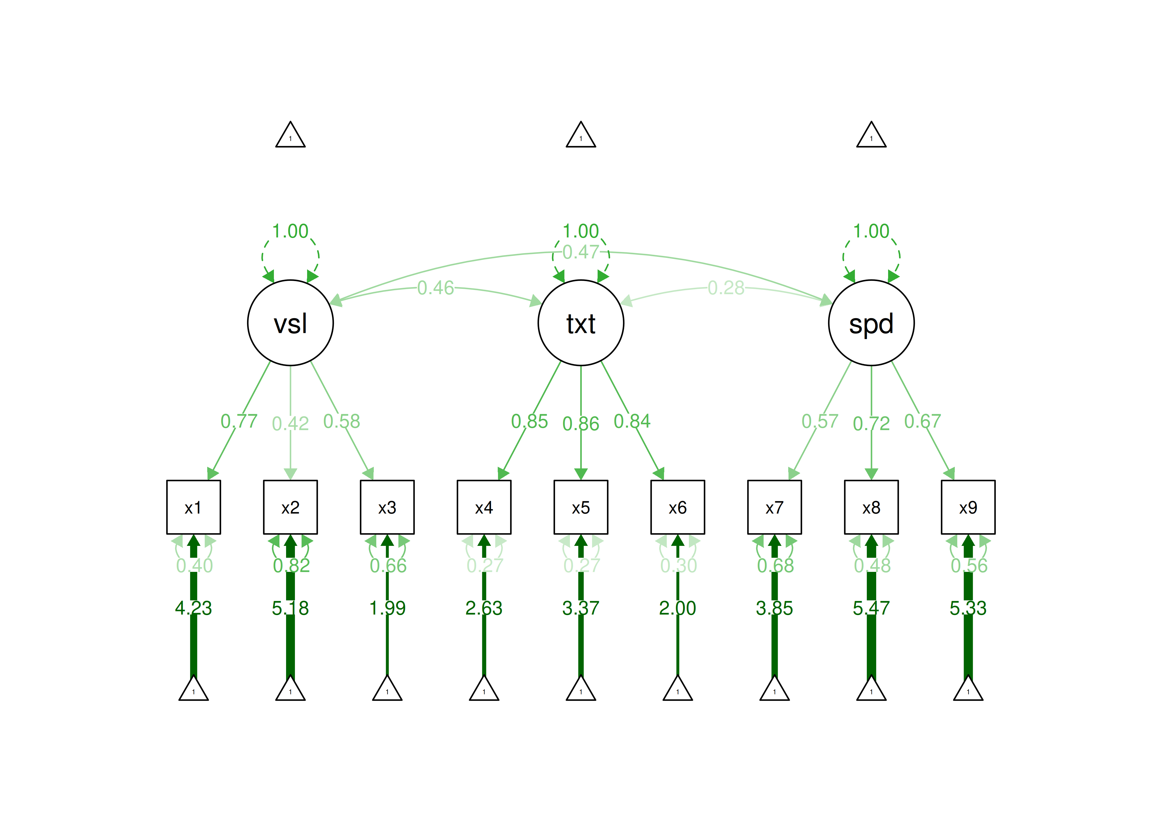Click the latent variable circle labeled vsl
pyautogui.click(x=290, y=323)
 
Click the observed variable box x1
pyautogui.click(x=193, y=507)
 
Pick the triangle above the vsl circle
pyautogui.click(x=290, y=136)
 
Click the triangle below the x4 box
pyautogui.click(x=484, y=689)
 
